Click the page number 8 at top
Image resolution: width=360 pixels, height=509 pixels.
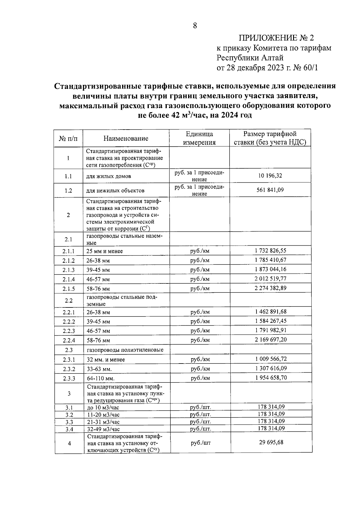tap(195, 26)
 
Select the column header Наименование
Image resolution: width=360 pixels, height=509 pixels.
tap(126, 138)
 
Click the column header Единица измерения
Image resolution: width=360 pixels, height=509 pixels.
tap(199, 138)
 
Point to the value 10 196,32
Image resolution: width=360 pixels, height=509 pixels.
tap(270, 175)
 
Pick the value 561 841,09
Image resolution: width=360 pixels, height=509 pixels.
tap(270, 190)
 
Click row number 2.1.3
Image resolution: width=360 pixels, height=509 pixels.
tap(68, 270)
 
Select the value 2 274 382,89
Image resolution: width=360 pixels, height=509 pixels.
tap(271, 288)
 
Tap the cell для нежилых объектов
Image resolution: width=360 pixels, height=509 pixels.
tap(115, 190)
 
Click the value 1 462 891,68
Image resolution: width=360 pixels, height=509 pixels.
tap(271, 311)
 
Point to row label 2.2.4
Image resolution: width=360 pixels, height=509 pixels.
tap(69, 340)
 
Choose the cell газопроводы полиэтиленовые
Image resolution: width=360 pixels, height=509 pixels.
tap(125, 350)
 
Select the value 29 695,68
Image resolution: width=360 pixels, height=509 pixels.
tap(271, 442)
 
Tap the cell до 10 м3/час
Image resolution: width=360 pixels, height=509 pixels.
tap(103, 408)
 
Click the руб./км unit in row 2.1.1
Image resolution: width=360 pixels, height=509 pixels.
tap(200, 251)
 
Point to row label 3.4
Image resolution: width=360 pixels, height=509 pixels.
tap(69, 429)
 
